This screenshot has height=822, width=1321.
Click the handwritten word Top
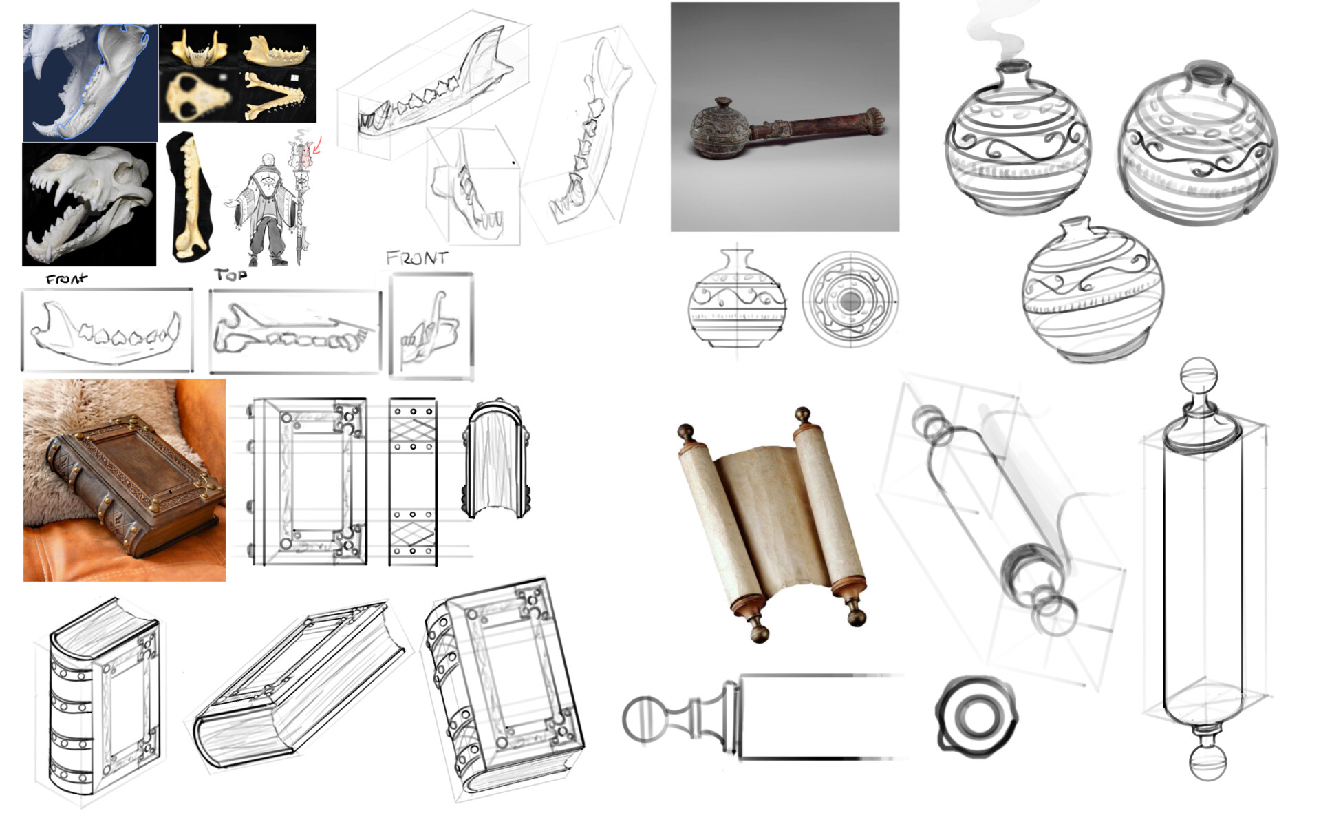click(230, 275)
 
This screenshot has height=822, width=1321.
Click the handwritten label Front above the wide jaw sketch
click(67, 279)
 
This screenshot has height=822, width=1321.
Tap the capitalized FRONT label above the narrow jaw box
click(417, 259)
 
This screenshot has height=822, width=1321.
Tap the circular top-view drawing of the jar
click(850, 299)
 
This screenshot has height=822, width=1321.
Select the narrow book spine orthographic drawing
click(413, 481)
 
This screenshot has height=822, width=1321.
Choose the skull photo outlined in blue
click(89, 83)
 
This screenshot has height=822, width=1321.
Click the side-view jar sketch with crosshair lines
click(737, 300)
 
